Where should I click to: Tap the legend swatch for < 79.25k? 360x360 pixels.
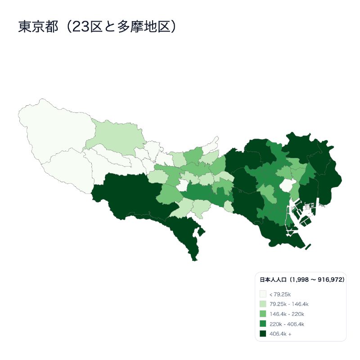(x=263, y=294)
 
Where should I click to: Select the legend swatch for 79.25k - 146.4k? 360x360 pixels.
(x=263, y=304)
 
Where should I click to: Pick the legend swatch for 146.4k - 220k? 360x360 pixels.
(x=263, y=314)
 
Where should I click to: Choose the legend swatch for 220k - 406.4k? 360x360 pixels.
(x=263, y=324)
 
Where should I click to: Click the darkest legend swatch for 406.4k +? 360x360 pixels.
(x=263, y=334)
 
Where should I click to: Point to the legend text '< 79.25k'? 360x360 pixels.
(x=280, y=294)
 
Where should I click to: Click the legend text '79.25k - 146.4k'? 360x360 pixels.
(x=288, y=304)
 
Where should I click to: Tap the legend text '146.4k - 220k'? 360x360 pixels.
(x=287, y=314)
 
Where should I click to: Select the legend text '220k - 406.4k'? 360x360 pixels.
(x=287, y=324)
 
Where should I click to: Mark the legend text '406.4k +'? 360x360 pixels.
(x=280, y=334)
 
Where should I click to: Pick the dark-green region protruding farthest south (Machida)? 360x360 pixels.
(x=184, y=234)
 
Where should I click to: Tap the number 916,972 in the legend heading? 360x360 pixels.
(x=331, y=280)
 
